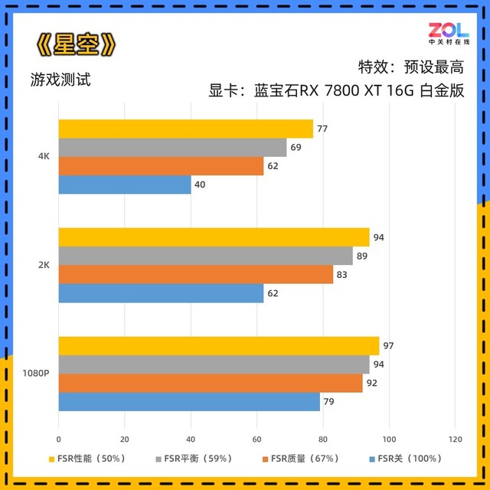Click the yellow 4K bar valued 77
click(185, 129)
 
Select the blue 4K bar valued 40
click(124, 185)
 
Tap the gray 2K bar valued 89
click(205, 256)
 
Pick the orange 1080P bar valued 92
click(211, 383)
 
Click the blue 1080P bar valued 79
click(189, 402)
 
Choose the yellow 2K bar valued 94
click(214, 237)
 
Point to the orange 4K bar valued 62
click(161, 166)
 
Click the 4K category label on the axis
click(44, 156)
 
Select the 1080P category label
click(37, 374)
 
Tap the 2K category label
click(44, 265)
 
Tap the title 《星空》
click(77, 45)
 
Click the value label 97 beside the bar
click(389, 346)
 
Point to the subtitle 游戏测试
click(61, 79)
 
